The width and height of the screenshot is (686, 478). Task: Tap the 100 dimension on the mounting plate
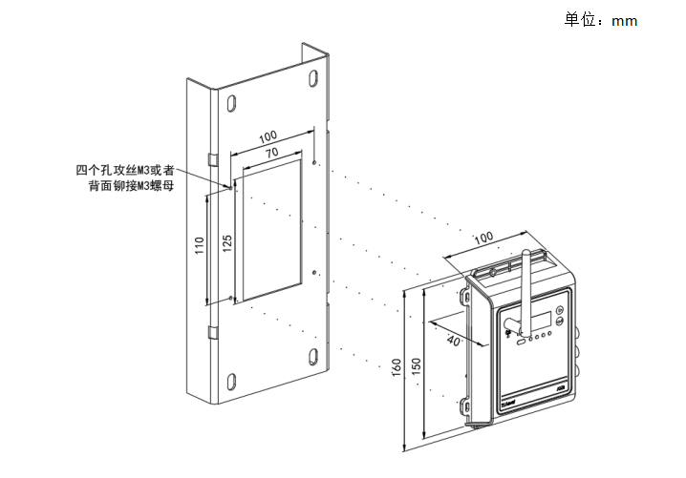268,135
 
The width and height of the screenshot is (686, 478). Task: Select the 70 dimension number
271,153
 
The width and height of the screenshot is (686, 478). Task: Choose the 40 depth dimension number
453,341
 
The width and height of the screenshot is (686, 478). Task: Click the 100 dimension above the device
484,236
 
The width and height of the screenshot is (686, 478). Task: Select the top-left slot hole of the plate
231,95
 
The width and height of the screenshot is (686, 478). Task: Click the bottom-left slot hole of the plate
231,378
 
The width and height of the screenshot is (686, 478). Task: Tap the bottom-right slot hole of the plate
314,359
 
